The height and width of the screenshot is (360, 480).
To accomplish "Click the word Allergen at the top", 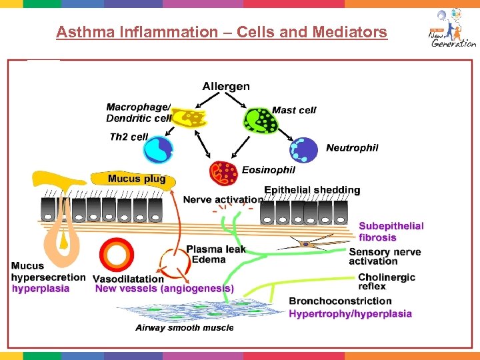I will pos(226,86).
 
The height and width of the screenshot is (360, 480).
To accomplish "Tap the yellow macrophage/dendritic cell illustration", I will pos(190,118).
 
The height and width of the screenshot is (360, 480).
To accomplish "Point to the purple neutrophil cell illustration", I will pos(305,150).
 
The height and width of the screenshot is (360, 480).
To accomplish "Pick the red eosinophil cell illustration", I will pos(223,174).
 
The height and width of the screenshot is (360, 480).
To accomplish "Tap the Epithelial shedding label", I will pos(312,190).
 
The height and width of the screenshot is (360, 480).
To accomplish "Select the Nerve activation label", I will pos(223,199).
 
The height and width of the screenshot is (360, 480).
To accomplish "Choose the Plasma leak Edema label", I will pos(215,254).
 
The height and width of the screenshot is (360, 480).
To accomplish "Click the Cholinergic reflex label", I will pos(386,282).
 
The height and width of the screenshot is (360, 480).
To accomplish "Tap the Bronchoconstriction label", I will pos(340,301).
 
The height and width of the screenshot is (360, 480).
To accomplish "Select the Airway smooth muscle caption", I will pos(185,327).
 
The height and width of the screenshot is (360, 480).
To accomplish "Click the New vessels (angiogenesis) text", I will pos(165,289).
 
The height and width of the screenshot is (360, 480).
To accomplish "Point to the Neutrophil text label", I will pos(352,148).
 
